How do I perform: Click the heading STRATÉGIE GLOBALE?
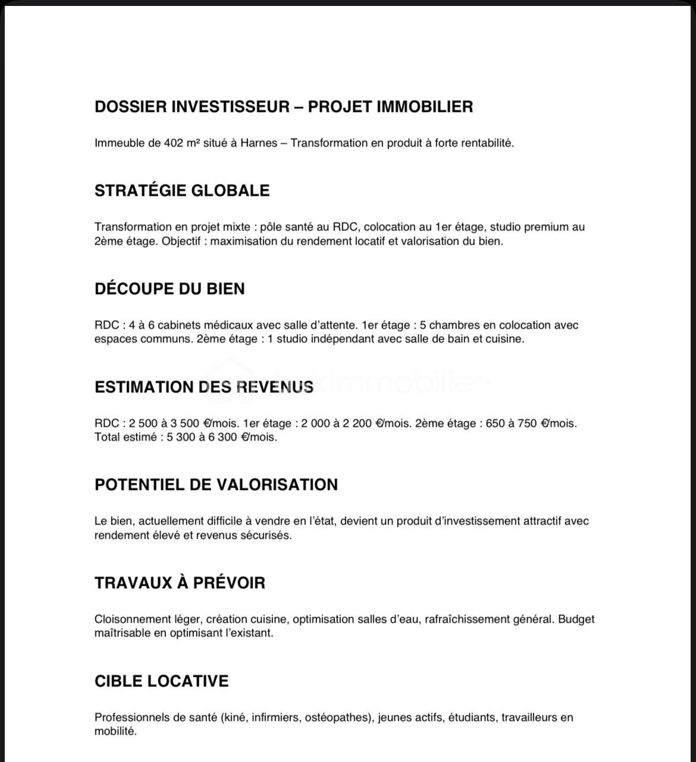pyautogui.click(x=182, y=190)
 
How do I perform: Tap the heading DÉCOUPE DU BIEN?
pyautogui.click(x=170, y=289)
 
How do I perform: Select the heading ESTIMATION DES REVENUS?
pyautogui.click(x=204, y=387)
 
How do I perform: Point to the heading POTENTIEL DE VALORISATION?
pyautogui.click(x=216, y=485)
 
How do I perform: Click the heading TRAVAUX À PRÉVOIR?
pyautogui.click(x=180, y=583)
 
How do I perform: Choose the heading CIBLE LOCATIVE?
pyautogui.click(x=161, y=681)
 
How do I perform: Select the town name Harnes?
pyautogui.click(x=259, y=143)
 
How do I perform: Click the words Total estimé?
pyautogui.click(x=125, y=437)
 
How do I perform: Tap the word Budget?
pyautogui.click(x=576, y=619)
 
